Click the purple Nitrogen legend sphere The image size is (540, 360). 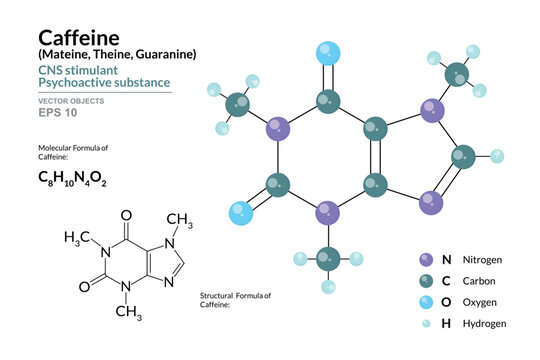tap(428, 260)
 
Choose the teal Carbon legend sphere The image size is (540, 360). tap(428, 281)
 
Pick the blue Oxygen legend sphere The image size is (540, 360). tap(428, 302)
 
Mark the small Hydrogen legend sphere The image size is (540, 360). tap(428, 323)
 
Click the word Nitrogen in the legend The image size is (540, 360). tap(482, 260)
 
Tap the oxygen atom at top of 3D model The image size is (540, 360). tap(327, 52)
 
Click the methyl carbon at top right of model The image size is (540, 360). tap(458, 73)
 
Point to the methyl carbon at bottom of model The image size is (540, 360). tap(327, 262)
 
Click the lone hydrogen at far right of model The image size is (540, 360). tap(497, 156)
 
